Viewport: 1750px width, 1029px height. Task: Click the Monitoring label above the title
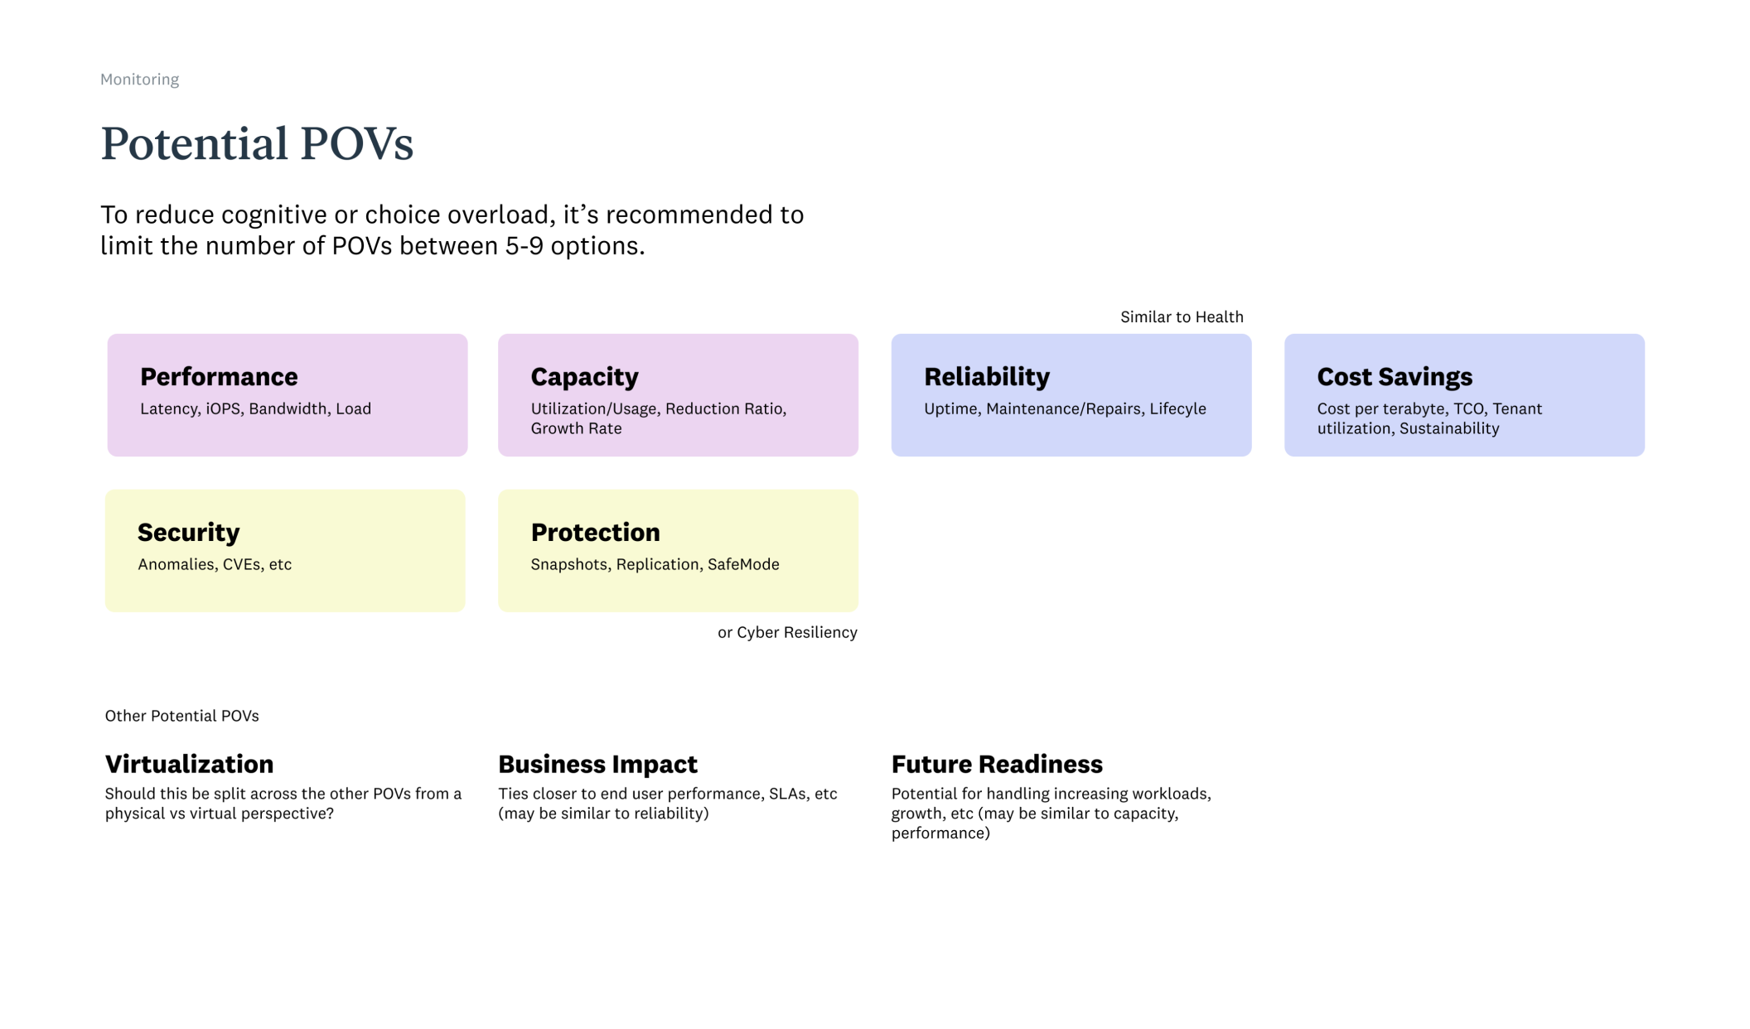tap(139, 80)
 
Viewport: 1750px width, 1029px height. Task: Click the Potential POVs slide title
tap(257, 143)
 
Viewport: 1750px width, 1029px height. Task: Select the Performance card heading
tap(219, 377)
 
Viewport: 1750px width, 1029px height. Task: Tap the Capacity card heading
tap(584, 377)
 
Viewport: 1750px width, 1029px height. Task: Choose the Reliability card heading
tap(986, 377)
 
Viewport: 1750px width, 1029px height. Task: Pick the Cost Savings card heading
tap(1395, 377)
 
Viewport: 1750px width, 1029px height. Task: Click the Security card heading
tap(188, 533)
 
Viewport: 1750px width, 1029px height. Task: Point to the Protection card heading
tap(595, 533)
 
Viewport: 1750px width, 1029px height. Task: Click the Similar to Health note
tap(1182, 317)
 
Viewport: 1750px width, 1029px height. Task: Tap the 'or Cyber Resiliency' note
tap(787, 633)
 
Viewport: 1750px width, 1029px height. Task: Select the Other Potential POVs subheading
tap(181, 716)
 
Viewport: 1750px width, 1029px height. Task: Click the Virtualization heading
tap(189, 764)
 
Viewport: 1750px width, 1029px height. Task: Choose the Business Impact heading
tap(597, 764)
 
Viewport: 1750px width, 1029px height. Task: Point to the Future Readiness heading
tap(997, 764)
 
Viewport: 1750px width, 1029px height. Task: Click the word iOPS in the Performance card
tap(223, 409)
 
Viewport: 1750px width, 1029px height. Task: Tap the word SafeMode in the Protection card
tap(743, 565)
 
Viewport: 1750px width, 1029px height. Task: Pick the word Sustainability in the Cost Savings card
tap(1449, 429)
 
